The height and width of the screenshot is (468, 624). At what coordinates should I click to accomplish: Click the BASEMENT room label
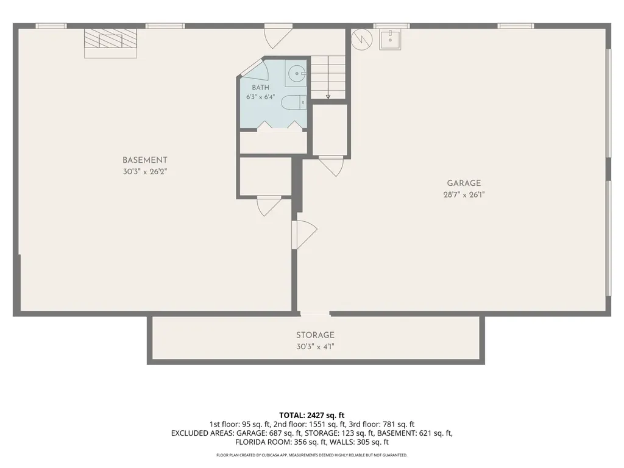(145, 160)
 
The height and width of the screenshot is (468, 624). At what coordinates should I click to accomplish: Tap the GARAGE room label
(464, 183)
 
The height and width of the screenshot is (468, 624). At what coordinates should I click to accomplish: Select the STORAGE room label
(315, 335)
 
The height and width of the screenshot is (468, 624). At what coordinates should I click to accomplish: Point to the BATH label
(261, 88)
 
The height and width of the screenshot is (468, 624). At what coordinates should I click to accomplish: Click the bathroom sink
(296, 74)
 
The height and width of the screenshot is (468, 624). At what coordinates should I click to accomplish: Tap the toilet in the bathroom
(294, 102)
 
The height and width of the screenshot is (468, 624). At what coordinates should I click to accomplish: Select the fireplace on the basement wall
(111, 43)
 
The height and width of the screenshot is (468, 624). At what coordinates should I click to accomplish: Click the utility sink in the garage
(390, 39)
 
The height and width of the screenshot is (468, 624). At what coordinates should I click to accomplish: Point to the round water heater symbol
(362, 38)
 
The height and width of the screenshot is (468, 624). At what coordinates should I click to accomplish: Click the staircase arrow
(328, 77)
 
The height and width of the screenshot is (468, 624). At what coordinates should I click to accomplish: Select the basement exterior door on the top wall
(278, 36)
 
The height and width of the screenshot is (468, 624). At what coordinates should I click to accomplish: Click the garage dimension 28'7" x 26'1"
(464, 195)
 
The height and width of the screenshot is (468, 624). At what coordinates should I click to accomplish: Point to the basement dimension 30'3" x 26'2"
(145, 172)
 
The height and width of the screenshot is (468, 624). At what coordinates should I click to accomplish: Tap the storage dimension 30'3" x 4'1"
(315, 347)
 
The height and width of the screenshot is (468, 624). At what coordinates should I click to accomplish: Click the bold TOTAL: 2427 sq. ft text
(311, 416)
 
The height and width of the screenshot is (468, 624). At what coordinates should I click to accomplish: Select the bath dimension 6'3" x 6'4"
(261, 97)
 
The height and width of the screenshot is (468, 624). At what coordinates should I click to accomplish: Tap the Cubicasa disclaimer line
(311, 455)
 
